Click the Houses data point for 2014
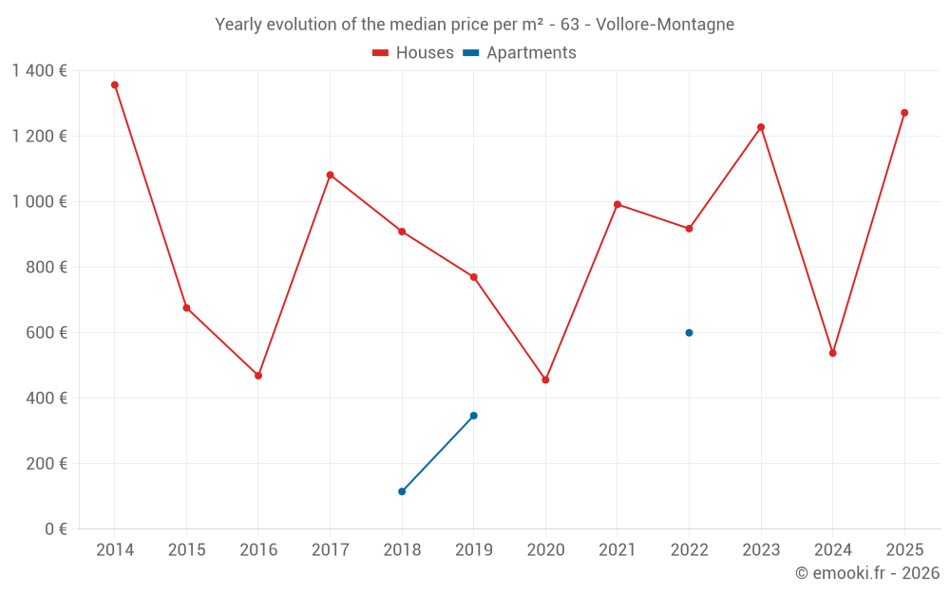coord(115,84)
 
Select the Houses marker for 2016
coord(258,376)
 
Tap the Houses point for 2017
coord(330,175)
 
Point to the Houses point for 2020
coord(545,380)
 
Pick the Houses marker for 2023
coord(761,127)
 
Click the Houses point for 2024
coord(832,353)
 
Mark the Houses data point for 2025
coord(904,113)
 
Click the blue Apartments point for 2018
coord(402,491)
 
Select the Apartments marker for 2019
coord(473,416)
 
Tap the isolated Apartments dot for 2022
coord(689,333)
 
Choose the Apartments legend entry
coord(520,53)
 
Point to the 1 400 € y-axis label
coord(39,71)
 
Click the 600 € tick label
coord(47,333)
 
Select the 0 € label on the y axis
coord(55,529)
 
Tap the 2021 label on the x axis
coord(617,550)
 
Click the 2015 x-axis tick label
coord(186,550)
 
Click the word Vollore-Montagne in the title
coord(665,25)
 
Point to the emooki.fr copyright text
coord(867,573)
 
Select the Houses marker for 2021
coord(617,204)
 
